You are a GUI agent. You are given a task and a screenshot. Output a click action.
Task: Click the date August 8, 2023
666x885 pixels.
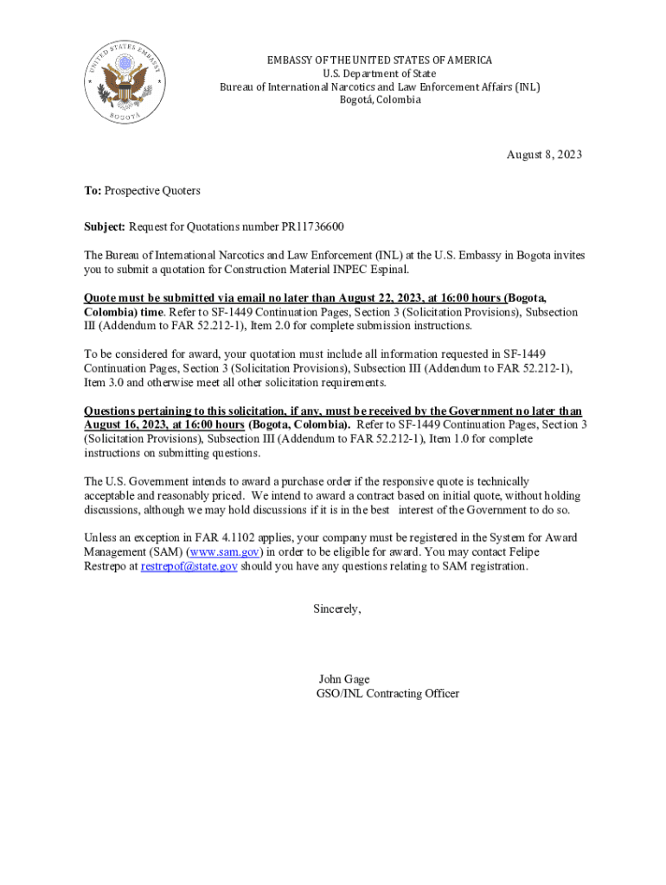click(x=544, y=155)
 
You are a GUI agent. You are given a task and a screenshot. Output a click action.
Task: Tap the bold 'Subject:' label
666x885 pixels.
click(x=105, y=226)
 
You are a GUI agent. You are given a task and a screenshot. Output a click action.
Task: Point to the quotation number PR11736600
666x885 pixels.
click(x=312, y=226)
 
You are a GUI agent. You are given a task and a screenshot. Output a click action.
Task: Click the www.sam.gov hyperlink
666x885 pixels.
click(x=224, y=551)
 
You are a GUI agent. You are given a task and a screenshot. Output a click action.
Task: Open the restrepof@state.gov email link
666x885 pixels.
click(x=189, y=566)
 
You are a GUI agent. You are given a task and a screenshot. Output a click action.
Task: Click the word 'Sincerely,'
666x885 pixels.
click(x=336, y=608)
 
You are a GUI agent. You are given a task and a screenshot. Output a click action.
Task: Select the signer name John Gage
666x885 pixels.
click(x=344, y=678)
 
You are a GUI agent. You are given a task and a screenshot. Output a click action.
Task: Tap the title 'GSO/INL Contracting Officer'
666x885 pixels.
click(x=387, y=693)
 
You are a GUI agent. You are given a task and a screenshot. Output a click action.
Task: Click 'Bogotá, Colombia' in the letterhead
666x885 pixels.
click(x=380, y=99)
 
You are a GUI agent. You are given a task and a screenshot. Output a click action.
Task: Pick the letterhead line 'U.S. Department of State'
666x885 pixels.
click(x=380, y=73)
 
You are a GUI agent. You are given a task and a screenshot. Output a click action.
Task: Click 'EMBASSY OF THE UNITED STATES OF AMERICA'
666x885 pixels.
click(x=380, y=60)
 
